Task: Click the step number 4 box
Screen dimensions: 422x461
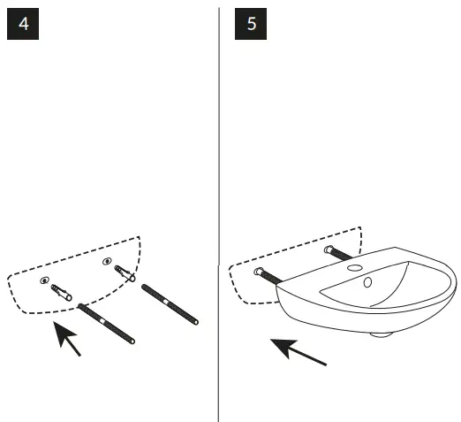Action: coord(23,24)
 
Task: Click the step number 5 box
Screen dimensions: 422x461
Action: coord(252,24)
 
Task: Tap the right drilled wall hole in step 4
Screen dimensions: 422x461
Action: coord(108,261)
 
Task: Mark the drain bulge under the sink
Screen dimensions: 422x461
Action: coord(380,334)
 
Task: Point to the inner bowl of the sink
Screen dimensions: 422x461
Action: coord(371,288)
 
